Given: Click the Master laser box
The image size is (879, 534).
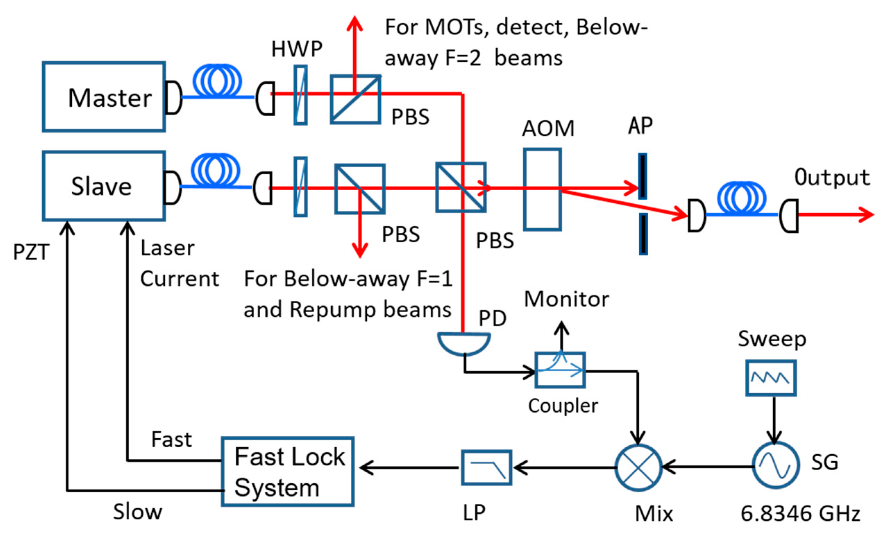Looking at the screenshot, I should tap(103, 97).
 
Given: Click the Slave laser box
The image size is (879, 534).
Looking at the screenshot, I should tap(103, 186).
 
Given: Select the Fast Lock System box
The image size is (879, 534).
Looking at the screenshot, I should tap(288, 471).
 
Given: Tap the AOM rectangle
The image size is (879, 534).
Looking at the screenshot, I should tap(542, 190).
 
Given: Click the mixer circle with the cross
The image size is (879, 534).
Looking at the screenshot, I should tap(639, 467).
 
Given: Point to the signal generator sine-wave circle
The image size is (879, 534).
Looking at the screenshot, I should tap(776, 465).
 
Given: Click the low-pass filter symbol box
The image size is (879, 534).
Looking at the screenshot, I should tap(486, 467).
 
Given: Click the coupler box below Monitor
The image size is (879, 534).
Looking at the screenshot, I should tap(560, 370).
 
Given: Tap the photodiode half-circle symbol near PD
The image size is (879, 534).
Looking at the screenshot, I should tap(464, 343).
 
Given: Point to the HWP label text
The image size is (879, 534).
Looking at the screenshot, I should tap(297, 49).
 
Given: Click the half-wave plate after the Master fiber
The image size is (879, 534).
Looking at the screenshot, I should tap(301, 95).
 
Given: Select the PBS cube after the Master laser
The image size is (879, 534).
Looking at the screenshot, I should tap(355, 99).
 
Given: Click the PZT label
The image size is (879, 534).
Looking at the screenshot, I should tap(31, 252).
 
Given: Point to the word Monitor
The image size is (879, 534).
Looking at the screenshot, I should tap(566, 299).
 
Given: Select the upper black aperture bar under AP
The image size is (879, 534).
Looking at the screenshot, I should tap(642, 176).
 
